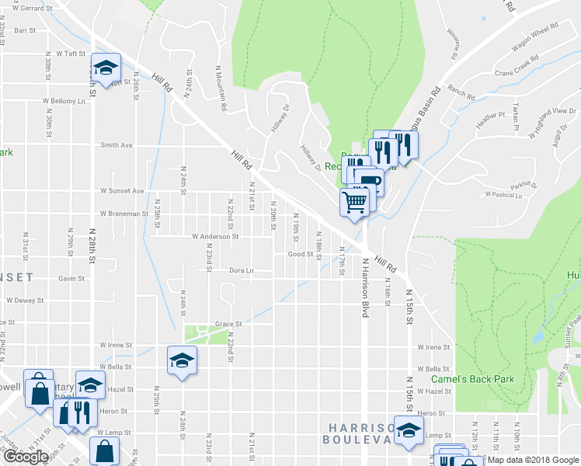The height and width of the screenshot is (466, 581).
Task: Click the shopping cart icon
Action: click(x=354, y=202)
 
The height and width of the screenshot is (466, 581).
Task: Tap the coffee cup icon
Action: click(x=369, y=183)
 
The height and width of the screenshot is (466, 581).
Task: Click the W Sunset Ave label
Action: click(x=122, y=190)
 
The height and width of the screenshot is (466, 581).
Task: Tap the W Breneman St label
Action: click(x=124, y=213)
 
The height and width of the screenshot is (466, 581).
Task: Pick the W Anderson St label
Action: click(x=215, y=236)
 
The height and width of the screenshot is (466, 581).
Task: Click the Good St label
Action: click(x=300, y=253)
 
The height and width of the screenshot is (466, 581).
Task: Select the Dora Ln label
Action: click(x=242, y=270)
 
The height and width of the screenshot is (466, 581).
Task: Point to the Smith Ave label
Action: click(x=117, y=144)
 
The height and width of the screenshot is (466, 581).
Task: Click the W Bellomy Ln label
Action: click(x=64, y=101)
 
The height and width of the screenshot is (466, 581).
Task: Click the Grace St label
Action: click(x=228, y=324)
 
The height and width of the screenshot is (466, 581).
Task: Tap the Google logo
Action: click(x=25, y=457)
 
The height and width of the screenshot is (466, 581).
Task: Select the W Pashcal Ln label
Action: click(x=503, y=194)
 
